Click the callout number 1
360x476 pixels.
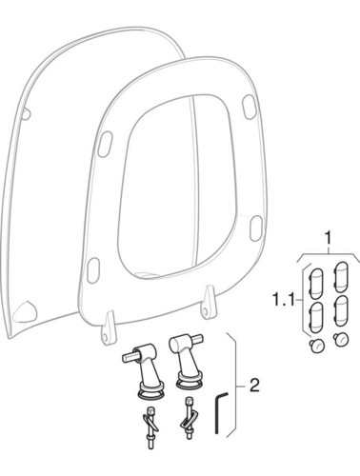pyautogui.click(x=329, y=237)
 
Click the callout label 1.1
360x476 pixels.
pyautogui.click(x=284, y=299)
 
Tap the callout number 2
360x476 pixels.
pyautogui.click(x=254, y=386)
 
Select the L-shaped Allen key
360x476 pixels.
pyautogui.click(x=220, y=413)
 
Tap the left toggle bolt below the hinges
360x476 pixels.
pyautogui.click(x=150, y=427)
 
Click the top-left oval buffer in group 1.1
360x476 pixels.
pyautogui.click(x=315, y=284)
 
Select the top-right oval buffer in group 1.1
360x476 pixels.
pyautogui.click(x=341, y=277)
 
